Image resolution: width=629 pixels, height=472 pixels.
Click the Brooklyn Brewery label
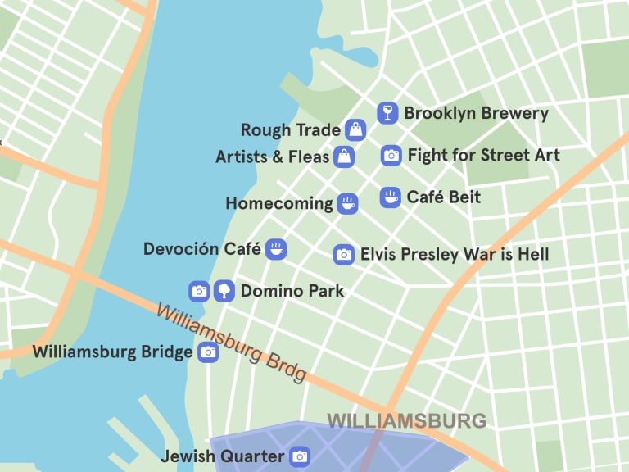tap(476, 114)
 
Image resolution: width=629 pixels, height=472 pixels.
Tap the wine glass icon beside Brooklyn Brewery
tap(387, 113)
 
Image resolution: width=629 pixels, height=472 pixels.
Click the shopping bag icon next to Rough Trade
tap(355, 129)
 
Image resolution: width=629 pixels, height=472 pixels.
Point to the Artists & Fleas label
tap(272, 157)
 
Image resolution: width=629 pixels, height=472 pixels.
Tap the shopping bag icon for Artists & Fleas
tap(344, 156)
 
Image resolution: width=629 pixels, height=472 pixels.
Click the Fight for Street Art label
tap(483, 155)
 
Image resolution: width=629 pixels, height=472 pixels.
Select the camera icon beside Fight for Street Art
tap(391, 155)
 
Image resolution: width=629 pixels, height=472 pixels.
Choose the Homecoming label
tap(279, 203)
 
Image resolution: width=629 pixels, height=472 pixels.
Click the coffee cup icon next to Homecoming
tap(347, 203)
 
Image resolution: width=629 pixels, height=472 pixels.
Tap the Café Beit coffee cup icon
tap(391, 197)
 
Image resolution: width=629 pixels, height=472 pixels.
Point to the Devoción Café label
tap(201, 249)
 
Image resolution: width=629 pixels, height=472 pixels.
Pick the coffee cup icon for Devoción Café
tap(276, 249)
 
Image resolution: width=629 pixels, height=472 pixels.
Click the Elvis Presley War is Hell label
tap(455, 255)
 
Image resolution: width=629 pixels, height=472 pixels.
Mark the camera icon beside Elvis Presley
tap(344, 255)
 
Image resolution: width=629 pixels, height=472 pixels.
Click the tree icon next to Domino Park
tap(224, 291)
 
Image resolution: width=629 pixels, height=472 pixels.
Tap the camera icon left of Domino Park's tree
tap(199, 291)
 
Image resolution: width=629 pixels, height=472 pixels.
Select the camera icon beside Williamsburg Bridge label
tap(209, 352)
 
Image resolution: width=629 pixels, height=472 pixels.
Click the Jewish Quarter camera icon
tap(300, 456)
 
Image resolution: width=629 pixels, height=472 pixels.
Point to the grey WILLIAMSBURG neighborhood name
tap(406, 422)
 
